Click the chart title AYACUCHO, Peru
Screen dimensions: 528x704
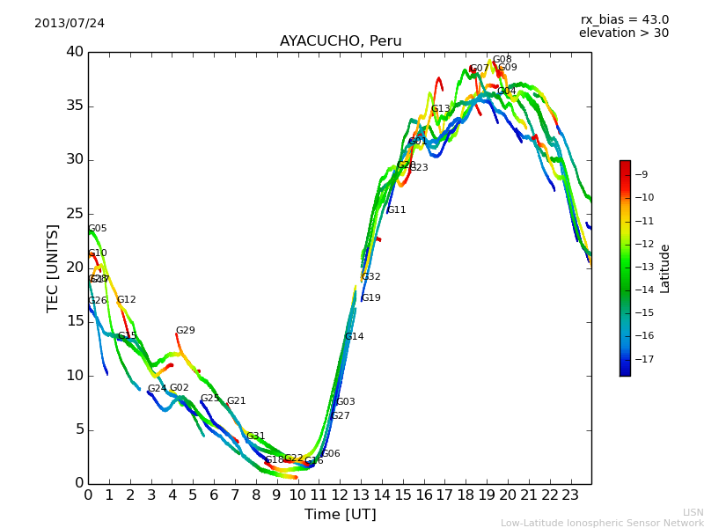point(341,41)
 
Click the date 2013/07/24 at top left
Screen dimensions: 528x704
point(70,23)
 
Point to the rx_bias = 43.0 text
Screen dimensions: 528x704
point(624,19)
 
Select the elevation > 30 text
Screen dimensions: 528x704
point(623,33)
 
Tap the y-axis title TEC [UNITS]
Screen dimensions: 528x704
point(53,268)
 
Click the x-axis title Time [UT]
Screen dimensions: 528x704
point(340,514)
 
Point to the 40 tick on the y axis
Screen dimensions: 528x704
point(75,52)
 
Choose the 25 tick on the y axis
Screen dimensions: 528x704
point(75,213)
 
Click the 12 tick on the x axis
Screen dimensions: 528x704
point(340,495)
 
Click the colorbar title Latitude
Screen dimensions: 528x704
point(665,268)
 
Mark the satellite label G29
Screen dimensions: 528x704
point(186,331)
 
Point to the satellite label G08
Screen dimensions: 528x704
point(502,60)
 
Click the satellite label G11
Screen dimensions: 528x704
point(397,210)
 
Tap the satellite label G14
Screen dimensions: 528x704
point(354,337)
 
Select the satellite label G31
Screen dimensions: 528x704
point(255,436)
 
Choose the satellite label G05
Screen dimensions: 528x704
point(97,229)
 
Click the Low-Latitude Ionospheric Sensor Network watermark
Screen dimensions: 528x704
point(602,523)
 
